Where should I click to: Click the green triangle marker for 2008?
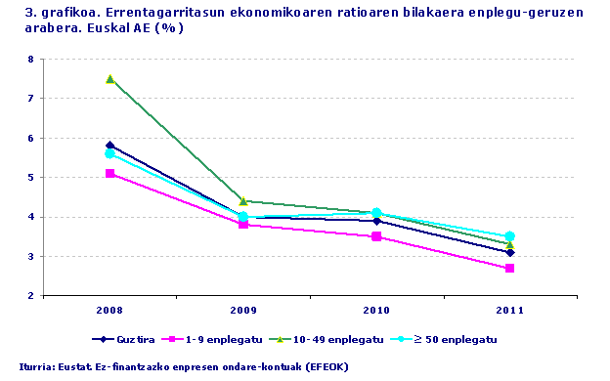110,79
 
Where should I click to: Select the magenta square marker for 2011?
509,268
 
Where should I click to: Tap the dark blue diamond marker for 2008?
110,146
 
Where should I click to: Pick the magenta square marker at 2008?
110,173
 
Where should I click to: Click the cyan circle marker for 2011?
509,236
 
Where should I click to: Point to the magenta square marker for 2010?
376,236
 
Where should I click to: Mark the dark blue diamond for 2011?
509,252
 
